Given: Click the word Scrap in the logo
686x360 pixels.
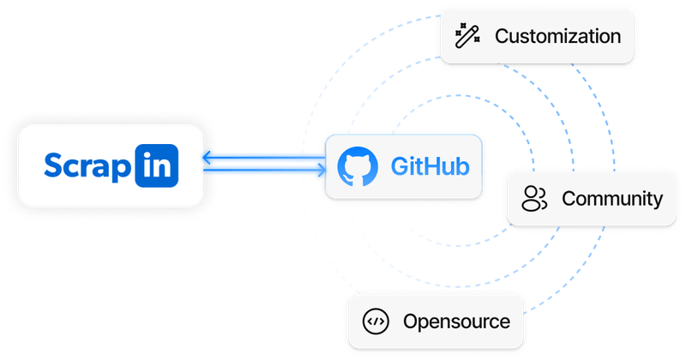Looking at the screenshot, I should pos(88,166).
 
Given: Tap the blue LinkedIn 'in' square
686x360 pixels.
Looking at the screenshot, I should pos(157,165).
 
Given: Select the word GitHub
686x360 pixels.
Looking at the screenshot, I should pos(430,166).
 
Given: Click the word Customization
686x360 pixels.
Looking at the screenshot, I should pos(557,37).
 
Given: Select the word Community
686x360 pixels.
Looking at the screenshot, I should pos(612,199).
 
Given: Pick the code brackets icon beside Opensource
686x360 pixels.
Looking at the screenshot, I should pos(376,322).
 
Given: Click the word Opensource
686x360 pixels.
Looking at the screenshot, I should pos(456,322).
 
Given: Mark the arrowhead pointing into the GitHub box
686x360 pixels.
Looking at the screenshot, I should pos(320,171).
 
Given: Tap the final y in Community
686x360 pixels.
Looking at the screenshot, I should pos(658,201).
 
